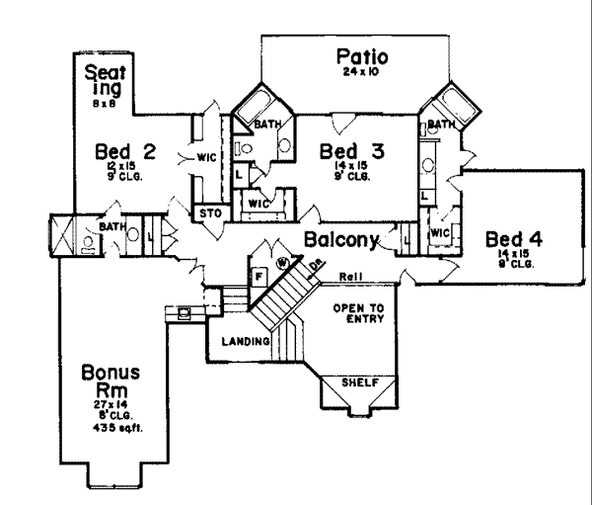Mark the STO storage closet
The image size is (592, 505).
pos(208,211)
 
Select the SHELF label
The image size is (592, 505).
pos(360,382)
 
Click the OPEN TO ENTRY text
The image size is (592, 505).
pos(358,313)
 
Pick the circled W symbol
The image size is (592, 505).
pos(282,262)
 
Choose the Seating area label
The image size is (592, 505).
pos(105,80)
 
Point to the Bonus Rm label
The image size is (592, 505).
pos(111,380)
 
